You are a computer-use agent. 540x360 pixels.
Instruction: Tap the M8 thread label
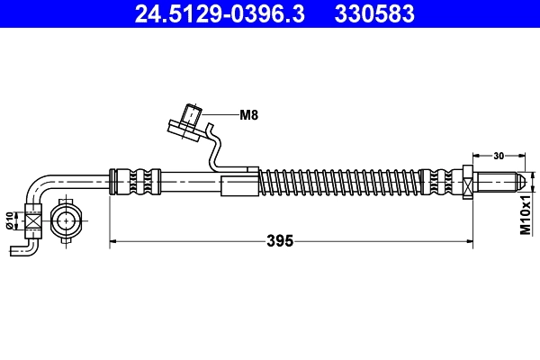click(248, 114)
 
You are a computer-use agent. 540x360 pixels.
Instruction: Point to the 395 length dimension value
click(280, 240)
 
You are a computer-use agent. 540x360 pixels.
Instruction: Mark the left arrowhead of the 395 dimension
click(113, 241)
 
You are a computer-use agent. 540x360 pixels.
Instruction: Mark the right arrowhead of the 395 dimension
click(469, 241)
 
